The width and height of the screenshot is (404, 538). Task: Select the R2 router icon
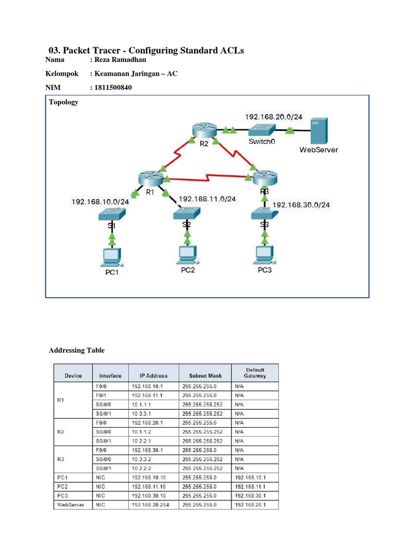[x=200, y=129]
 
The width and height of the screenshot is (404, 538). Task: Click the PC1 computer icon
[x=111, y=256]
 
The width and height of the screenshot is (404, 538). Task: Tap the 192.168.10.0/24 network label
[x=100, y=201]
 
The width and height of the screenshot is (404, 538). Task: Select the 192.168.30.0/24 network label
[x=302, y=205]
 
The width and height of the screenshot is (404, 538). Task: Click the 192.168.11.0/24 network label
[x=207, y=199]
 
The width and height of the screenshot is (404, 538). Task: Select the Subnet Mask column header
[x=205, y=376]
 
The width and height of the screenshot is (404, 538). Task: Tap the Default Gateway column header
[x=255, y=373]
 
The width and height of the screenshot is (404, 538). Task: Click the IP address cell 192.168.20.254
[x=153, y=505]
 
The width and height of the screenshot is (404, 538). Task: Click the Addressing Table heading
[x=77, y=350]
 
